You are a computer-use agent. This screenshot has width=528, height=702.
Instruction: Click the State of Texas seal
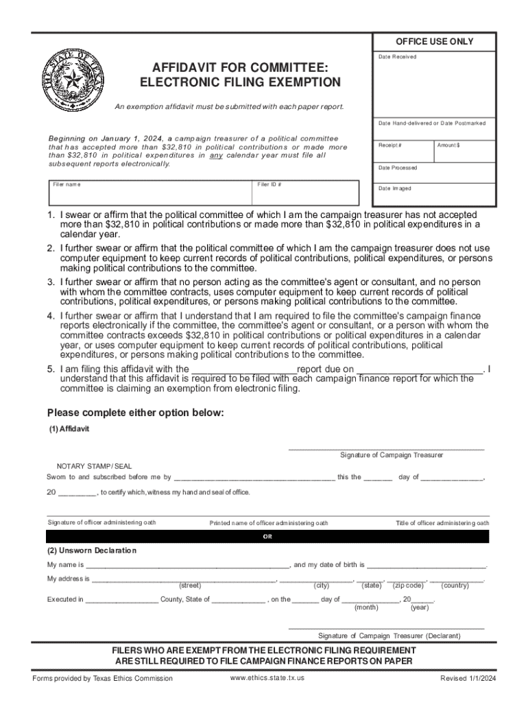tap(72, 82)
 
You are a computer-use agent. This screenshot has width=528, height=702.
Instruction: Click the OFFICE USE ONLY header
tap(433, 42)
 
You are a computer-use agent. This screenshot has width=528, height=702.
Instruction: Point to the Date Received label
tap(397, 57)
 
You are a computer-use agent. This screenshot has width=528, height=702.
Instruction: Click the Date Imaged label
tap(395, 189)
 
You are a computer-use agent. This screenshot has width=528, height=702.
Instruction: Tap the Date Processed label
tap(398, 168)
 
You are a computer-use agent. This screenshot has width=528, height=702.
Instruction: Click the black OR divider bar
tap(268, 537)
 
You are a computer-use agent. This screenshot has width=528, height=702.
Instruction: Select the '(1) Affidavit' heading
tap(69, 428)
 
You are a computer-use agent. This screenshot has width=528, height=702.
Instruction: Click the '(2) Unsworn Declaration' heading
tap(91, 550)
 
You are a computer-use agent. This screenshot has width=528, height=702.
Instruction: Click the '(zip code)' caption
tap(408, 585)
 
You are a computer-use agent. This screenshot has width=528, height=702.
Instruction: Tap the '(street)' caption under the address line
tap(190, 585)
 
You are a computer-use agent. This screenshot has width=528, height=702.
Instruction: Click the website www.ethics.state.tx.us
tap(267, 677)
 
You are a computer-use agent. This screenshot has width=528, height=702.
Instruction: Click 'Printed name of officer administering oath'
tap(269, 523)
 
